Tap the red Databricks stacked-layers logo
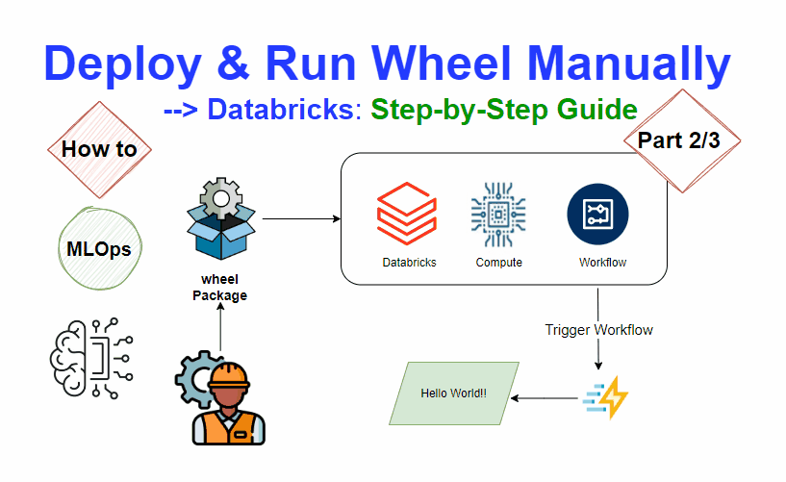407,217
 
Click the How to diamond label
99,148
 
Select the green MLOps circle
99,249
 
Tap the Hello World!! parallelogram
453,393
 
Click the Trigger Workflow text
598,330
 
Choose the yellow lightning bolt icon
606,397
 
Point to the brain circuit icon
88,361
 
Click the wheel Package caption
219,288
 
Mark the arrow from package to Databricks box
301,219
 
